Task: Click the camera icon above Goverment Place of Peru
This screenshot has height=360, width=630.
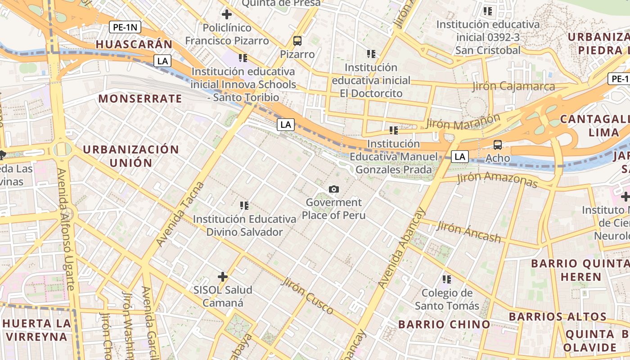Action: [333, 189]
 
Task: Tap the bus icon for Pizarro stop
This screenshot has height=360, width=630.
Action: [297, 41]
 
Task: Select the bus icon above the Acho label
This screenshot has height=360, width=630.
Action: [498, 145]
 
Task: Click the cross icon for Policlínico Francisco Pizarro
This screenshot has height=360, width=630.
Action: [227, 14]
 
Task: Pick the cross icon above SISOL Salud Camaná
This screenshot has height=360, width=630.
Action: [223, 276]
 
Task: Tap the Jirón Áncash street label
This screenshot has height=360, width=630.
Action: [468, 232]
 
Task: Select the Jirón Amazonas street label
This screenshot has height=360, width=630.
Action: [497, 180]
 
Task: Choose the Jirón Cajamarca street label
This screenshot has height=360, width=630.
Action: [513, 86]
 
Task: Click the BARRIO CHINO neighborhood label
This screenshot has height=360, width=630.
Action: [444, 324]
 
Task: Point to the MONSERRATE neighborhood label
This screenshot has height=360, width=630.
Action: [140, 99]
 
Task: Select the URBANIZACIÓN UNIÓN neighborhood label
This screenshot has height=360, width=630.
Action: [131, 156]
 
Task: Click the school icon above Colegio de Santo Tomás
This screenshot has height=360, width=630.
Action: [446, 279]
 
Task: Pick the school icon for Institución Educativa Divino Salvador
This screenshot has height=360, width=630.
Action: [244, 206]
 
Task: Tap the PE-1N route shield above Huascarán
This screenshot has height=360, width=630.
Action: [126, 27]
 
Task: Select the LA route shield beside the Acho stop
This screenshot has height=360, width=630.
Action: [459, 157]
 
